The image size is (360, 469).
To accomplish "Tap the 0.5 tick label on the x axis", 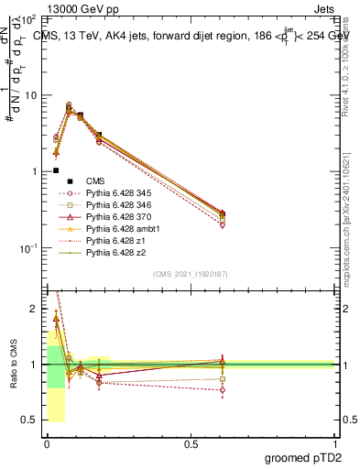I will (x=191, y=442).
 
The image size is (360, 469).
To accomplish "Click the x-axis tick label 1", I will (x=334, y=442).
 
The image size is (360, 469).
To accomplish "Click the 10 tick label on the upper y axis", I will (x=30, y=95).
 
